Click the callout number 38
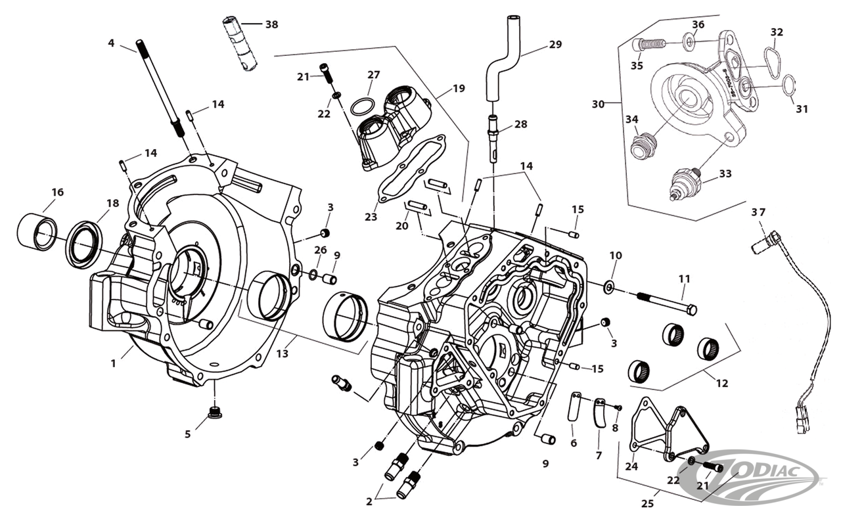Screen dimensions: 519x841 271,25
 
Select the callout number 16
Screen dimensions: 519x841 58,192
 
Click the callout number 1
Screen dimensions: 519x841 113,362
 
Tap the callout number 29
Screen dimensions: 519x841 556,45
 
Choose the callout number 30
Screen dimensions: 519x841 597,104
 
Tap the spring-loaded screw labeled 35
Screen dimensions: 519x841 650,45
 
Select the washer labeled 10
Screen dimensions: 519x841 610,286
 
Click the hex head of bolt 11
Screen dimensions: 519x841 691,309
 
